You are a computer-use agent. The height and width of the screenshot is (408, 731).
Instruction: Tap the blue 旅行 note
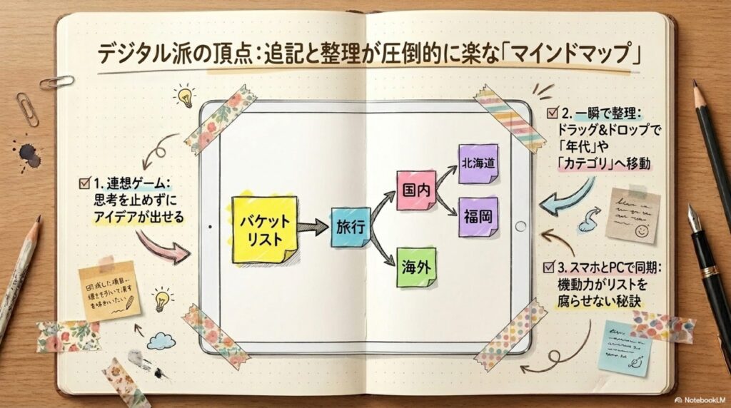click(351, 227)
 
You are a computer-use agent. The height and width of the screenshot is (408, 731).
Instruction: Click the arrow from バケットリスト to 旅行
click(314, 228)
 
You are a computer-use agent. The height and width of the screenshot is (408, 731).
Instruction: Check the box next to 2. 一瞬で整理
click(551, 113)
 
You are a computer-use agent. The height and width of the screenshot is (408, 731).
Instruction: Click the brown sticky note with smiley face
click(632, 215)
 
